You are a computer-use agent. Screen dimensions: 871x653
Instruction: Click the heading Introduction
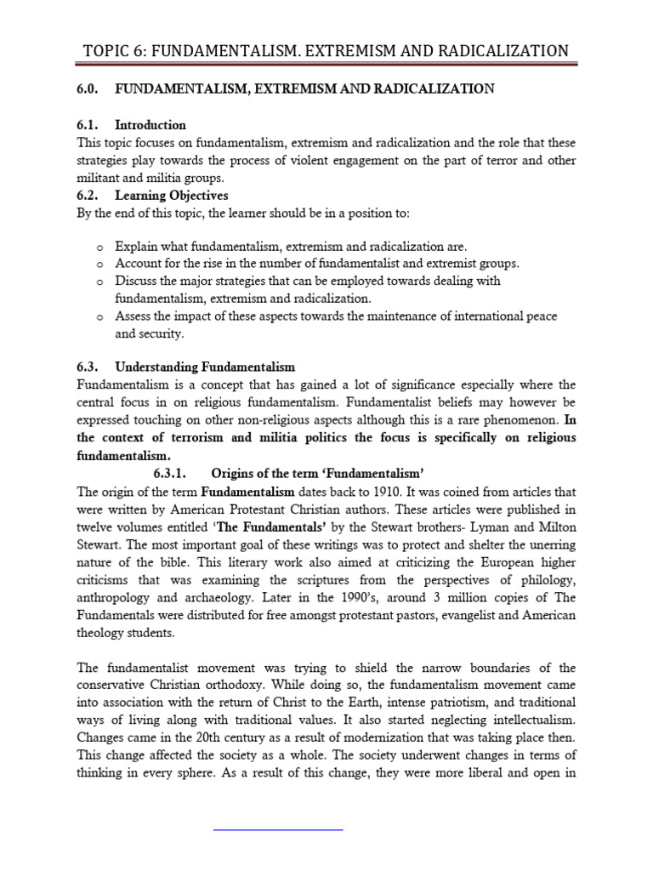[150, 125]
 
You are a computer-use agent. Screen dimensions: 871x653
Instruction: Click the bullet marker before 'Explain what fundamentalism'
[99, 247]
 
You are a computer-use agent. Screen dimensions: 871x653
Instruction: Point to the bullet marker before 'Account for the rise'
[99, 265]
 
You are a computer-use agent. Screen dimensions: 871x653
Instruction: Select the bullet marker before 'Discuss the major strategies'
[99, 282]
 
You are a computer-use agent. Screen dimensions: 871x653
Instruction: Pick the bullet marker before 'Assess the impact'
[99, 317]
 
